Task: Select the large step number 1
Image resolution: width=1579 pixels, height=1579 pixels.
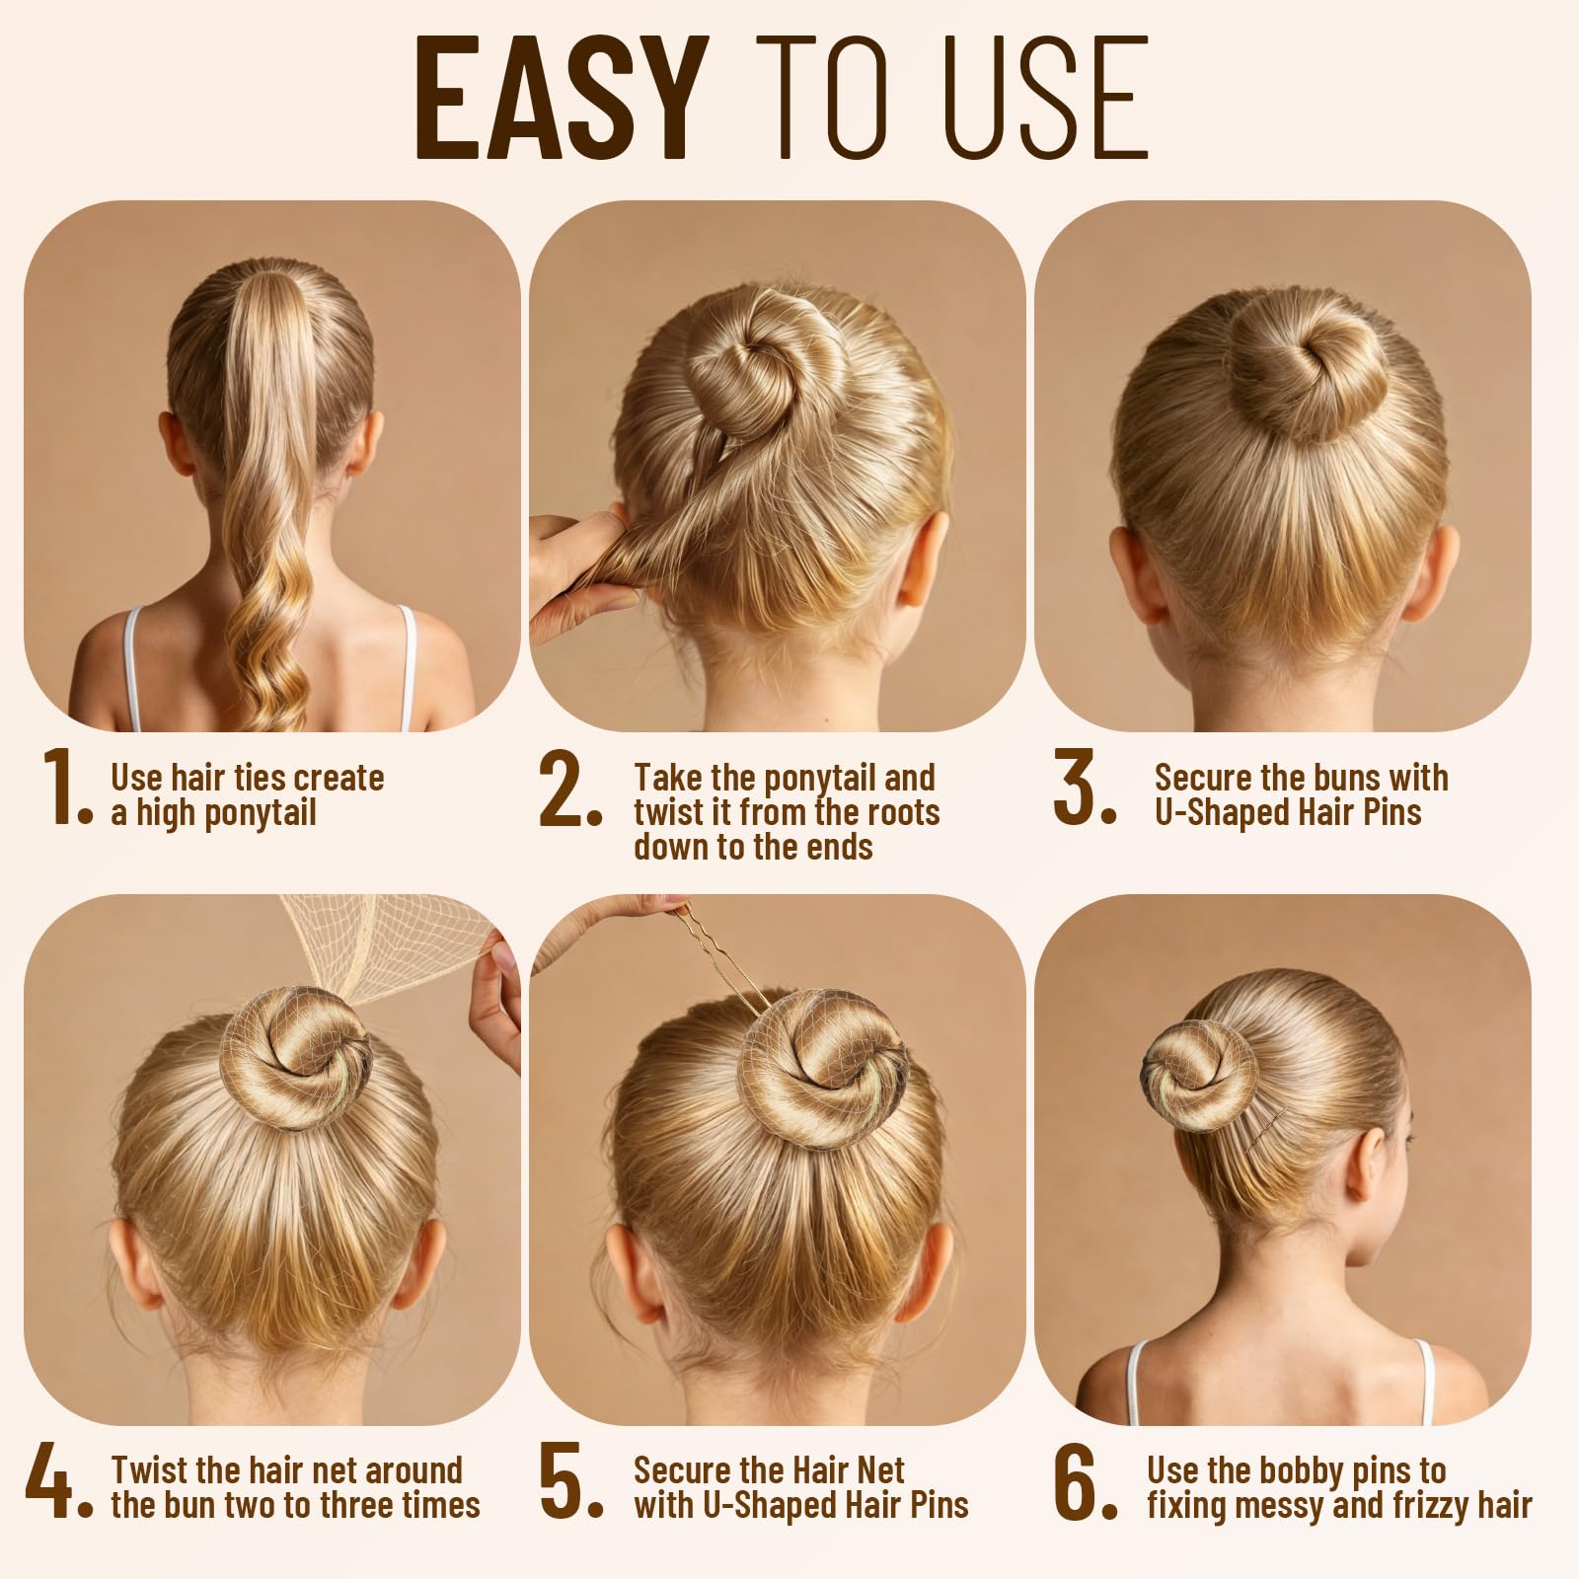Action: click(65, 787)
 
